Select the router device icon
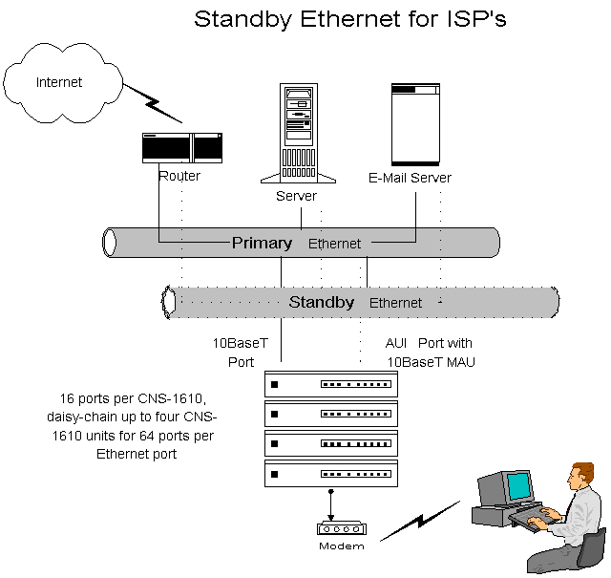click(181, 149)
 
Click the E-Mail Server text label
click(410, 178)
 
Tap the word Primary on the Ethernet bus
click(262, 243)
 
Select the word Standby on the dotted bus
click(321, 302)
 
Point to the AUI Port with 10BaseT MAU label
click(429, 353)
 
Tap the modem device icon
click(341, 528)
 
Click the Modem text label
click(341, 546)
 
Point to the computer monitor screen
click(517, 485)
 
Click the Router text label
click(179, 176)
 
